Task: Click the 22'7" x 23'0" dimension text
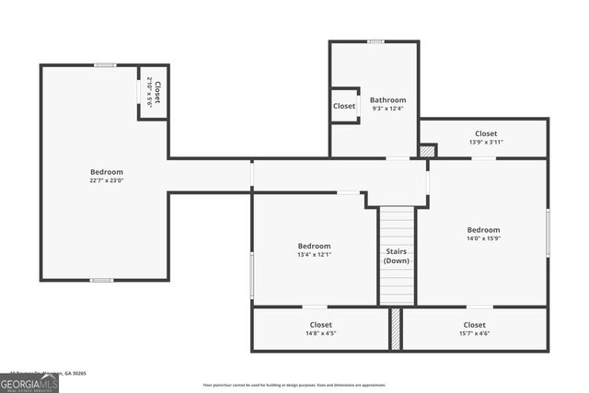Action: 106,180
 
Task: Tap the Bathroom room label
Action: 387,100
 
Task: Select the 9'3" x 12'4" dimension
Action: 387,109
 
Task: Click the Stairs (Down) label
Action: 397,256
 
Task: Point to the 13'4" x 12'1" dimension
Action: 314,255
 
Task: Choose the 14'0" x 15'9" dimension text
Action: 483,238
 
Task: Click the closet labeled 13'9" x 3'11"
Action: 486,138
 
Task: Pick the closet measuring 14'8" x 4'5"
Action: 320,329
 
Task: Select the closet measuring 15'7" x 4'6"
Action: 474,329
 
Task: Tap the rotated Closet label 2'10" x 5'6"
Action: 154,92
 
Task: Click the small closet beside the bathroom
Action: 344,106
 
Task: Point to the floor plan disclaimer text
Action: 295,385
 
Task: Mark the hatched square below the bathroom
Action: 427,150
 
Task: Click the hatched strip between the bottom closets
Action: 396,329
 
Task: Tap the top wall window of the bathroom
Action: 375,41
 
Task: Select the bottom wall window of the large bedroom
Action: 102,280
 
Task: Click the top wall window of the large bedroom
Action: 105,64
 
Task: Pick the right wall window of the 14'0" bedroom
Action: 548,231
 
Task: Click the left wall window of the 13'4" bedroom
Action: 252,274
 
